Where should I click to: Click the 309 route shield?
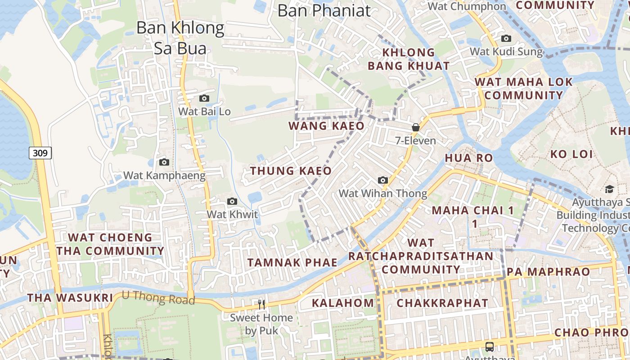(40, 153)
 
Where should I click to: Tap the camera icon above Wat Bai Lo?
(204, 98)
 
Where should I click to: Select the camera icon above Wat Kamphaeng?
(164, 162)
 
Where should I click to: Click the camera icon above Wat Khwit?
(232, 201)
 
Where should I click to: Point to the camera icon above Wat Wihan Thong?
(383, 180)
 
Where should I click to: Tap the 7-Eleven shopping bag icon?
(416, 127)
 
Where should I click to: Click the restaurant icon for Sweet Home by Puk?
(261, 305)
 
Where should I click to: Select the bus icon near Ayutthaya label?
(490, 347)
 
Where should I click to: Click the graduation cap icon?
(609, 189)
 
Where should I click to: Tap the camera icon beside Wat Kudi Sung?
(506, 39)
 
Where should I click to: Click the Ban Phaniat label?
(324, 10)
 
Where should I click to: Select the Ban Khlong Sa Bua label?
(180, 37)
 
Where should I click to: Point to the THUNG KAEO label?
(291, 171)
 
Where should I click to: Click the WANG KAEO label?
(326, 126)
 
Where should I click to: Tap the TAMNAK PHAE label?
(292, 263)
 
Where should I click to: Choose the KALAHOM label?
(343, 303)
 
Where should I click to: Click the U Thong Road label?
(158, 298)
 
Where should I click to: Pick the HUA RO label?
(469, 158)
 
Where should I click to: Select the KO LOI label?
(571, 154)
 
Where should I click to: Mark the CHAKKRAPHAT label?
(442, 303)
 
